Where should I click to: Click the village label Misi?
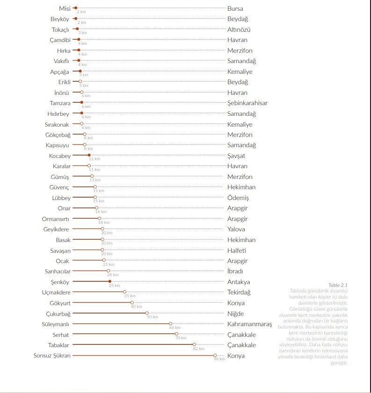tap(65, 8)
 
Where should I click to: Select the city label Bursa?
tap(235, 8)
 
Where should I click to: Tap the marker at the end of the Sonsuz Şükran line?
tap(215, 356)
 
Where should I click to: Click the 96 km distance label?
tap(219, 359)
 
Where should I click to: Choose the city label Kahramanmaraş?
tap(249, 324)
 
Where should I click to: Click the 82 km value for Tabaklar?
tap(198, 349)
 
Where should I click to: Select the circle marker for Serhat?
tap(176, 334)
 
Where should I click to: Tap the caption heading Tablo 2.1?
tap(338, 285)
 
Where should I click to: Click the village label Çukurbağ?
tap(58, 314)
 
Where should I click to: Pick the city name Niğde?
tap(235, 314)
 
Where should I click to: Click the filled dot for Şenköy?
tap(110, 282)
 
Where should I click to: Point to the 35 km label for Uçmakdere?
tap(130, 296)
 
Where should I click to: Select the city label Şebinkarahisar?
tap(247, 103)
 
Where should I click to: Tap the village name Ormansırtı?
tap(56, 219)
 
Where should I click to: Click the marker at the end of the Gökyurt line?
tap(132, 303)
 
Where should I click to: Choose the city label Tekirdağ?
tap(239, 293)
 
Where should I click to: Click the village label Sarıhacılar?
tap(58, 271)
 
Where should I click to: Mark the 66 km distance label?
tap(175, 328)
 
